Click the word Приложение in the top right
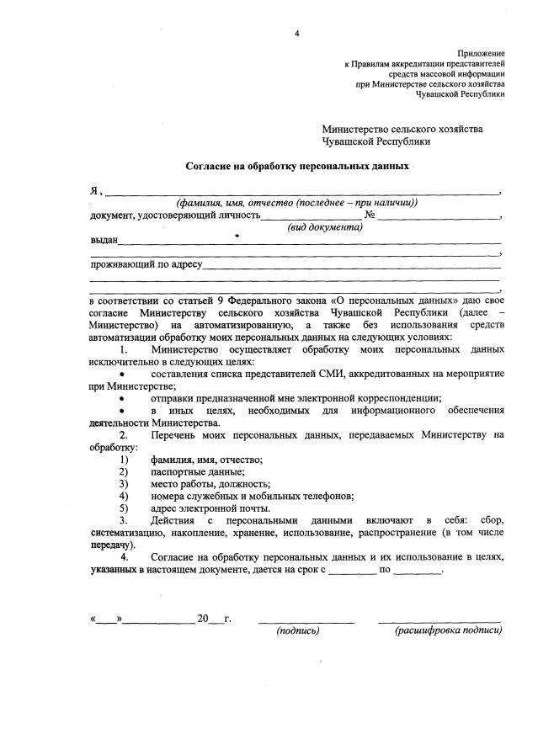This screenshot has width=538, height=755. point(481,53)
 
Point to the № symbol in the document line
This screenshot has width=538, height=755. point(369,215)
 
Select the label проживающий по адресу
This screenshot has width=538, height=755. point(146,264)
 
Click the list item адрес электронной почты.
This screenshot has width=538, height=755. point(198,508)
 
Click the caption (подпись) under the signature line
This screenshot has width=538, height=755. point(298,631)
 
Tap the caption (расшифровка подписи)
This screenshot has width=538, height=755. point(447,631)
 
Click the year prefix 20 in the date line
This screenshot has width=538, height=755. point(202,619)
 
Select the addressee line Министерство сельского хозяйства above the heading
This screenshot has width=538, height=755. point(402,129)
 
